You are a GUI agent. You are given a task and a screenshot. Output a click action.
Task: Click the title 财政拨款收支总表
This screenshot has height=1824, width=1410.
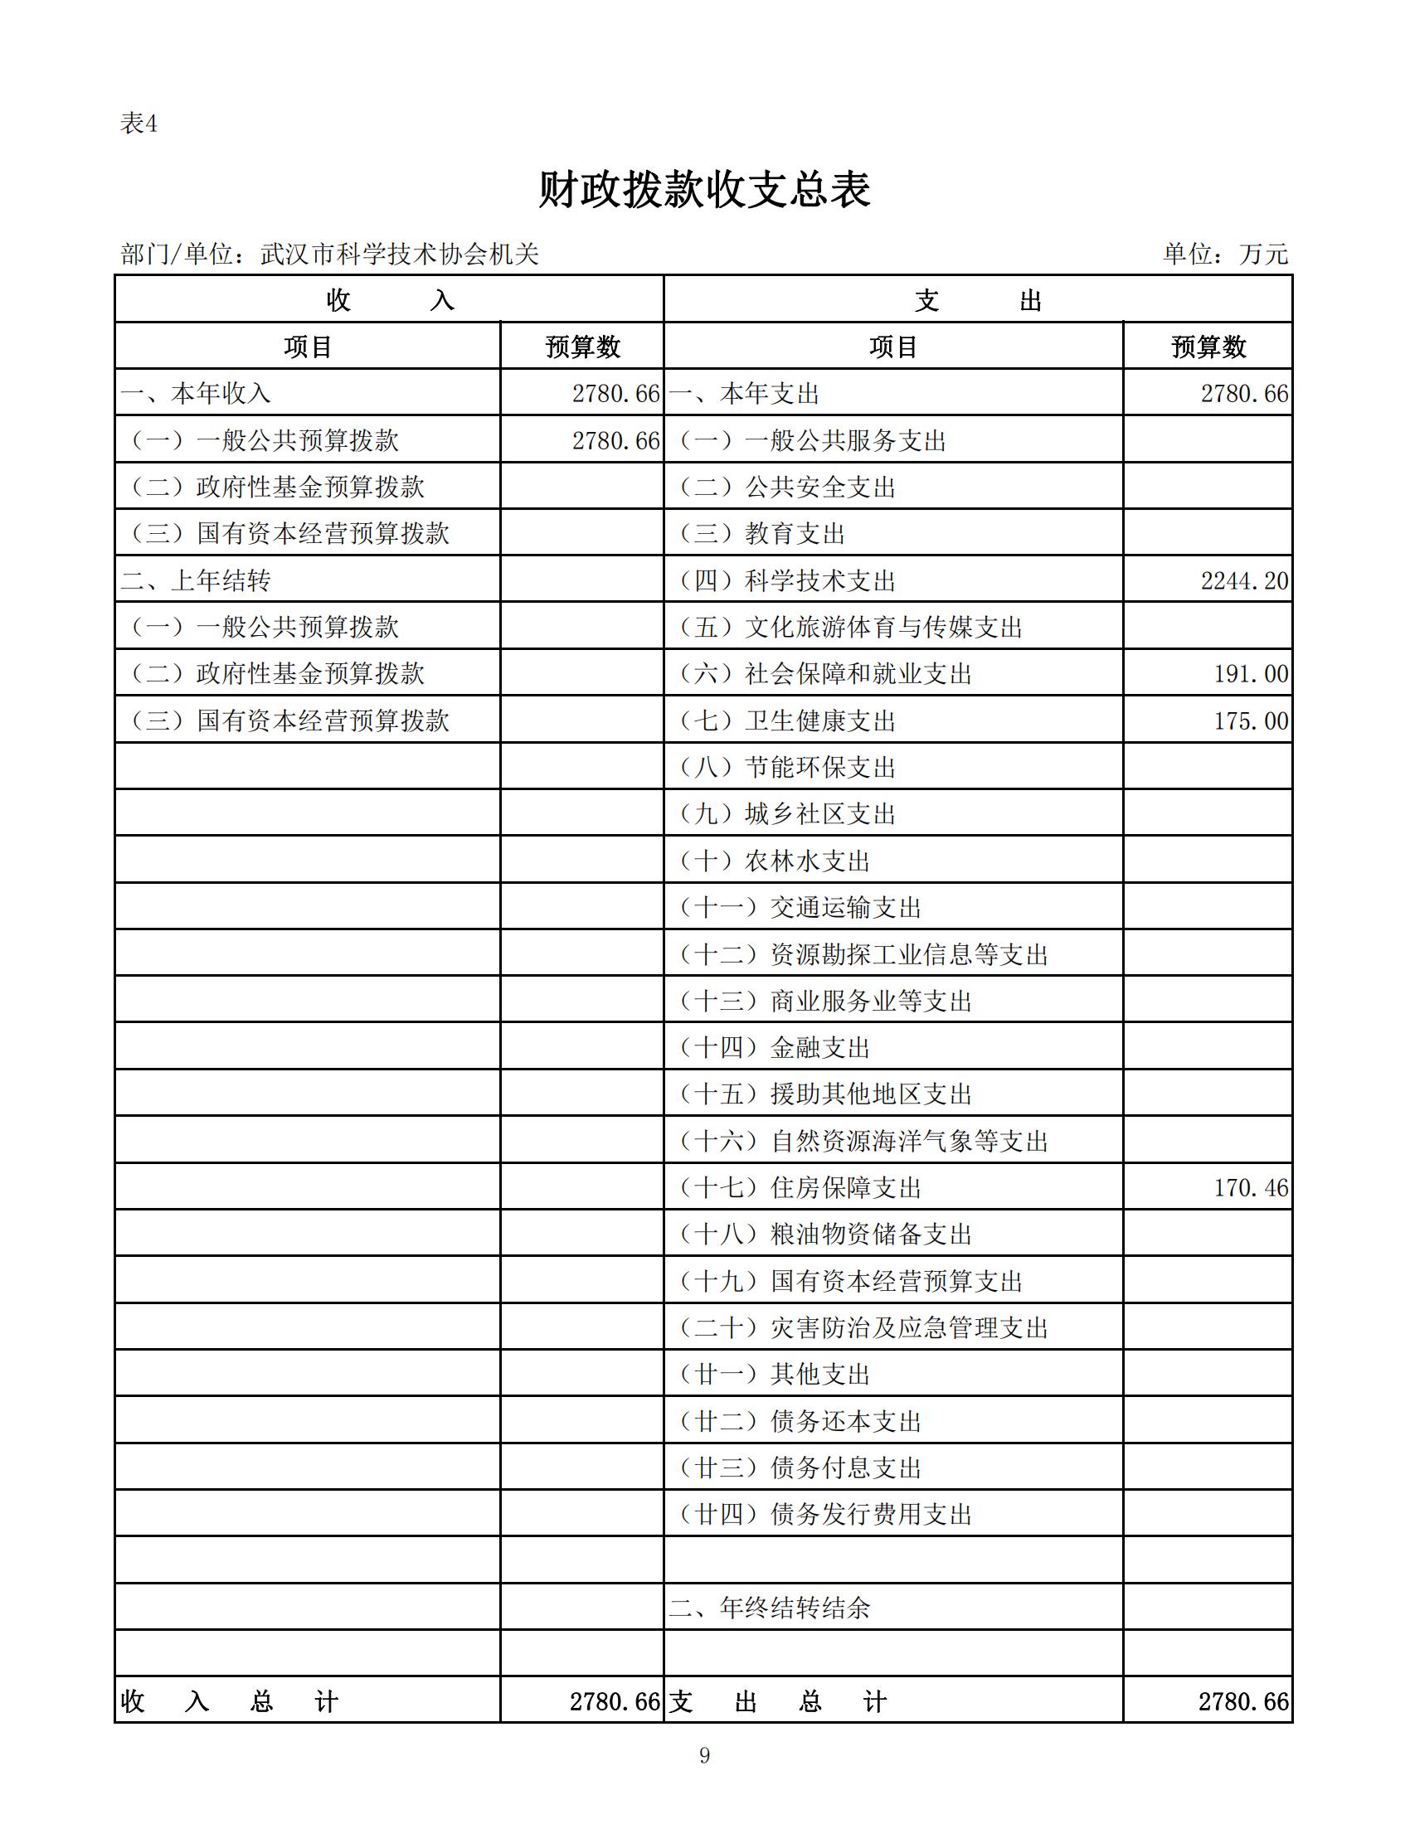(x=704, y=190)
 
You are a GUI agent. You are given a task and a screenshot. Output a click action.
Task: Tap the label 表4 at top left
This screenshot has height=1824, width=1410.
(x=139, y=124)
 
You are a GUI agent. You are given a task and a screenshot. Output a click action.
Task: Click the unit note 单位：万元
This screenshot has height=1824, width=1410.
(x=1225, y=253)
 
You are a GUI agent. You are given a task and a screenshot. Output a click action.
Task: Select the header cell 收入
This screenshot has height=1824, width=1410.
(x=389, y=300)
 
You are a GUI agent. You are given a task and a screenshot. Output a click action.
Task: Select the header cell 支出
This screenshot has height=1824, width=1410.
(x=977, y=300)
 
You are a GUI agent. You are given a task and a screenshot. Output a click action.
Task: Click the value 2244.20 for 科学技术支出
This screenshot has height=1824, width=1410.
(x=1244, y=580)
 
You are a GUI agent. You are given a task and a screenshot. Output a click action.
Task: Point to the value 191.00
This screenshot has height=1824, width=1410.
(x=1251, y=674)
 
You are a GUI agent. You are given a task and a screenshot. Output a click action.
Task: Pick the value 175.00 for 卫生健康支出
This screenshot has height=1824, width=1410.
(x=1251, y=720)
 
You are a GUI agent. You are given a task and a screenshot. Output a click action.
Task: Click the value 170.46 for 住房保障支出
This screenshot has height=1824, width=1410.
(x=1251, y=1187)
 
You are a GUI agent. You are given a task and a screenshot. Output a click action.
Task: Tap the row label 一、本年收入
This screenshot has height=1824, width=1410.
(x=197, y=393)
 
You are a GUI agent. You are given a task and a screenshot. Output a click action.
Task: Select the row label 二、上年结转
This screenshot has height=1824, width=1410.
(x=197, y=580)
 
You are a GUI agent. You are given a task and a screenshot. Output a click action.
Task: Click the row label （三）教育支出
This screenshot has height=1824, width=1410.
(x=761, y=534)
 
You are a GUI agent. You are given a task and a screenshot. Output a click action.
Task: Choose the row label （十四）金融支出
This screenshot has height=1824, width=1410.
(x=775, y=1047)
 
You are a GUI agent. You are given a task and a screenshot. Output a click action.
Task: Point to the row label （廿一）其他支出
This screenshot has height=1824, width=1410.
(x=775, y=1375)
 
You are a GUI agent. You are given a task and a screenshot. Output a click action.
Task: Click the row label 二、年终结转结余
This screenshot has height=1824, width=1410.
(x=770, y=1608)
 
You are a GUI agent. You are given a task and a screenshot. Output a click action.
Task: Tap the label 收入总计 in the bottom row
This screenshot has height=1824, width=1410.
(x=230, y=1701)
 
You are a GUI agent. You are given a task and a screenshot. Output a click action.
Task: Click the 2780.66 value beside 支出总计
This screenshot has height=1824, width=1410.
(x=1243, y=1701)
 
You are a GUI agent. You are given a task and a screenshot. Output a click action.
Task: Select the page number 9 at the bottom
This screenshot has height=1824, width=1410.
(x=704, y=1754)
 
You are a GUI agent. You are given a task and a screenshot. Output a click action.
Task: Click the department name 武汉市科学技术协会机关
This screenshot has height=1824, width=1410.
(x=399, y=254)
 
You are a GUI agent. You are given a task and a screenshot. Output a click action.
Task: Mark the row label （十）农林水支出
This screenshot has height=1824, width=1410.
(x=775, y=861)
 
